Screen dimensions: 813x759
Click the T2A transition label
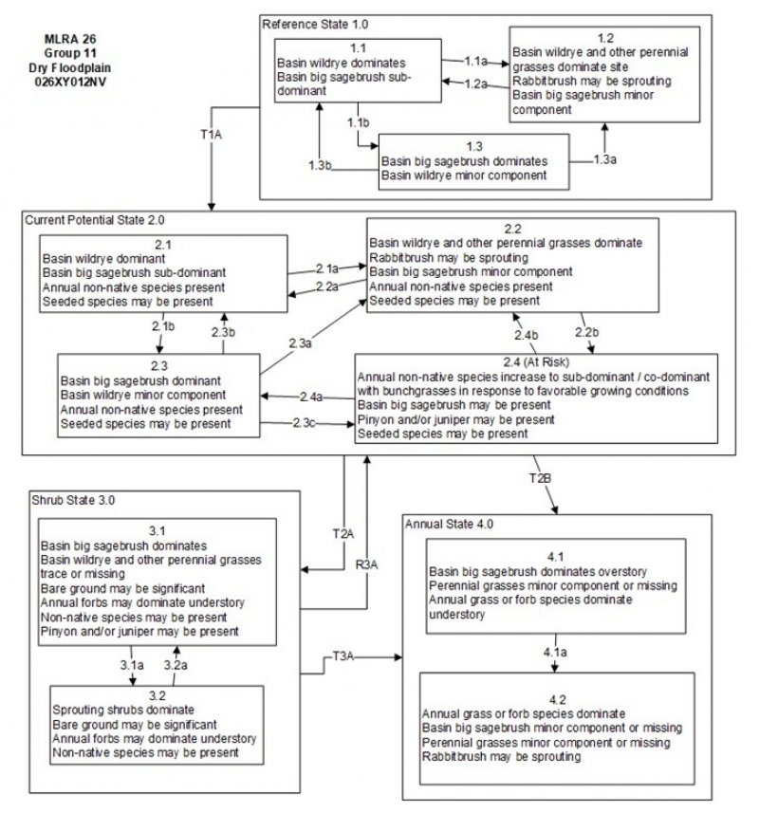click(x=342, y=532)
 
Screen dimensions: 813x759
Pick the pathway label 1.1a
click(x=477, y=60)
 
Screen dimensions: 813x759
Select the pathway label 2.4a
click(x=310, y=396)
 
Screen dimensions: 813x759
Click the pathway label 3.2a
click(x=177, y=665)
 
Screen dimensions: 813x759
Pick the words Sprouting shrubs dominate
click(x=124, y=710)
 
